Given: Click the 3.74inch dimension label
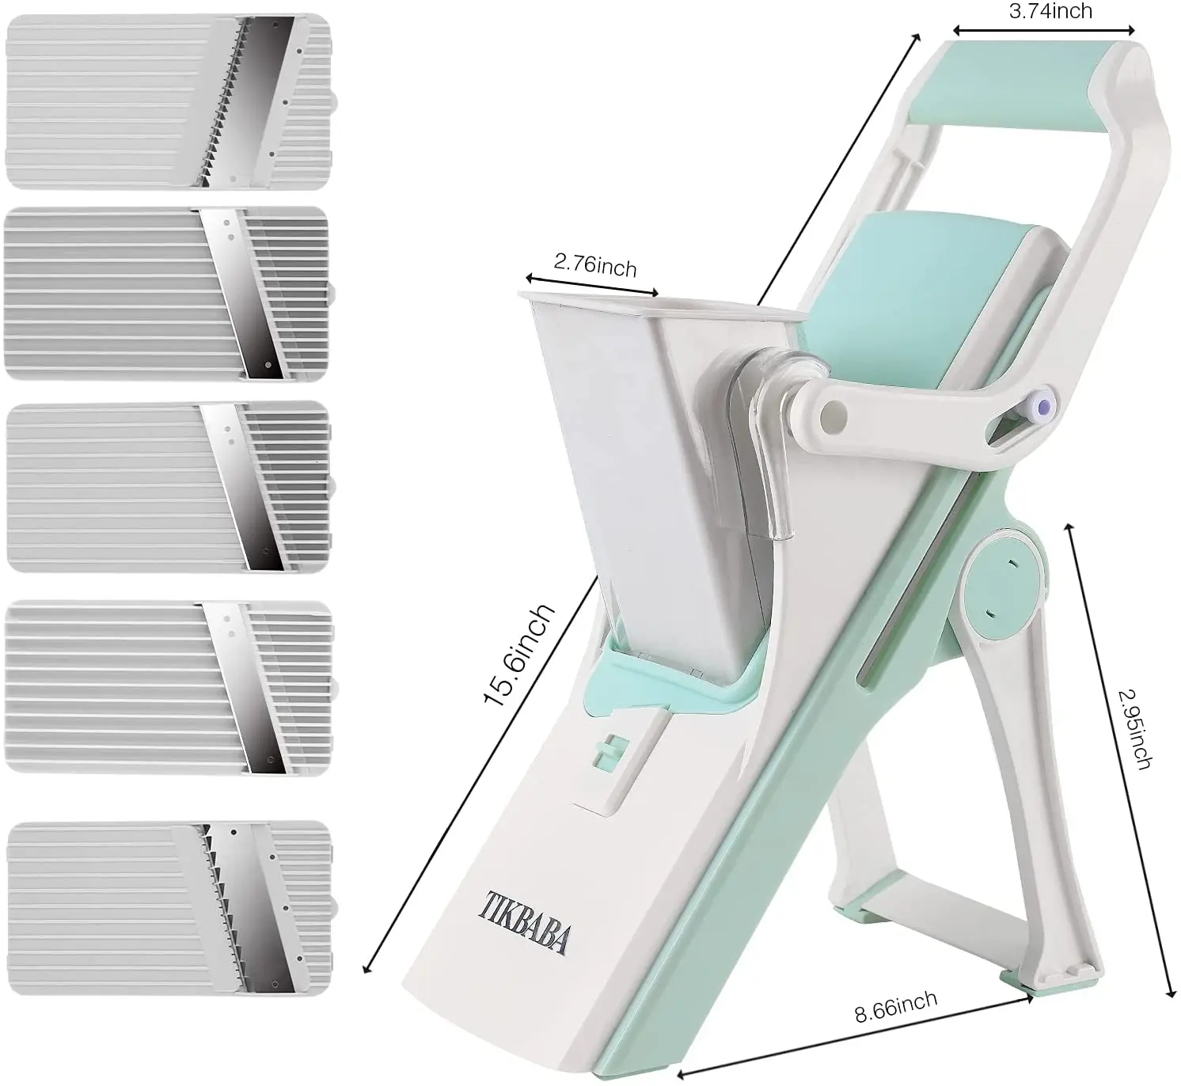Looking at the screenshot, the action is [1050, 10].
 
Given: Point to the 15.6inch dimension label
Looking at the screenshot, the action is [520, 654].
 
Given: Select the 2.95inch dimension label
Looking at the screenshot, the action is [1134, 728].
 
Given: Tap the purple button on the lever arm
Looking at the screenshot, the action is [1044, 406].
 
